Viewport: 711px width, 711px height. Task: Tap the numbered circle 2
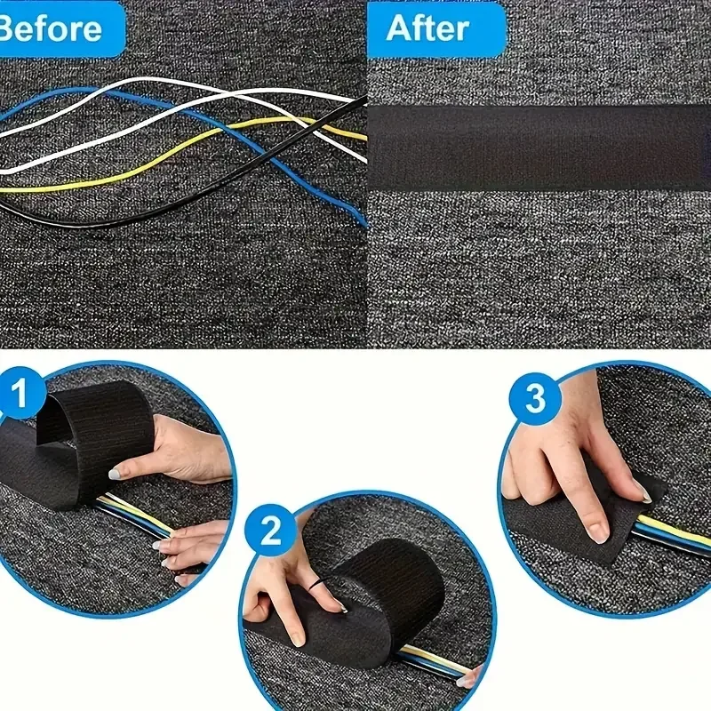coord(270,532)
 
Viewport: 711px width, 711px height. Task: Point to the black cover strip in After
coord(539,147)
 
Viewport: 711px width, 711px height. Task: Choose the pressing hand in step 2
coord(284,587)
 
